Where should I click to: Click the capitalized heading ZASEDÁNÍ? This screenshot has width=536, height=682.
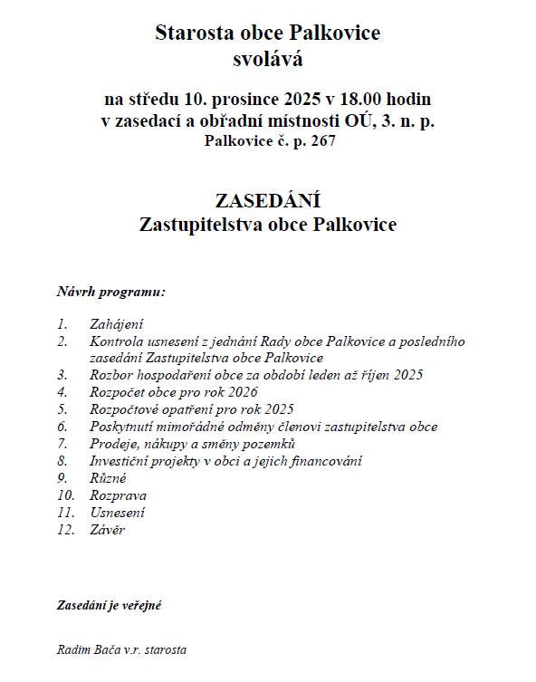click(268, 200)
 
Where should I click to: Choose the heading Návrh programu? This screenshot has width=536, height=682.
click(110, 293)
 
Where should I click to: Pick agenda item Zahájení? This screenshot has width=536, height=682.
click(116, 323)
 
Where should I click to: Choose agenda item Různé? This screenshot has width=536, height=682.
click(108, 477)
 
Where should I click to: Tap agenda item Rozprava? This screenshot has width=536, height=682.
click(118, 495)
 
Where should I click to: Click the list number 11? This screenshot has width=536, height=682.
click(64, 513)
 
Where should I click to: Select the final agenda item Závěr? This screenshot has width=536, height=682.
click(107, 530)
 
